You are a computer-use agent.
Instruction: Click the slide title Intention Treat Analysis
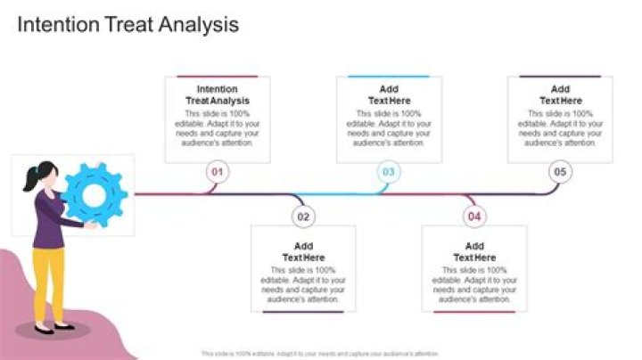click(x=128, y=25)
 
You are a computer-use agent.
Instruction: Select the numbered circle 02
click(x=303, y=216)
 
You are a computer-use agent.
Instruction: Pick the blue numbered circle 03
click(x=388, y=172)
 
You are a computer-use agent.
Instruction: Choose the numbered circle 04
click(x=474, y=216)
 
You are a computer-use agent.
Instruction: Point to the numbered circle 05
click(x=560, y=172)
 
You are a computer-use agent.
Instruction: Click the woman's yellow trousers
click(x=45, y=282)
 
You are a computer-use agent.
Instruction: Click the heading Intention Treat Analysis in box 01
click(x=218, y=94)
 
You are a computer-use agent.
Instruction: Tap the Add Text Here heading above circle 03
click(x=389, y=94)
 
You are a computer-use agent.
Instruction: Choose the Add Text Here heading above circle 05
click(x=560, y=94)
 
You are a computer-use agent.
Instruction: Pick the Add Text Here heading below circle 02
click(x=303, y=251)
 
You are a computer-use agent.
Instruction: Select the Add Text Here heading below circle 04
click(x=474, y=251)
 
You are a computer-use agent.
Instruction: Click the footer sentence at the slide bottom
click(x=321, y=354)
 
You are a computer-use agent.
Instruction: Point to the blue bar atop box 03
click(x=389, y=77)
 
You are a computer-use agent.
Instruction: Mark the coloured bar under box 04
click(x=474, y=312)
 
